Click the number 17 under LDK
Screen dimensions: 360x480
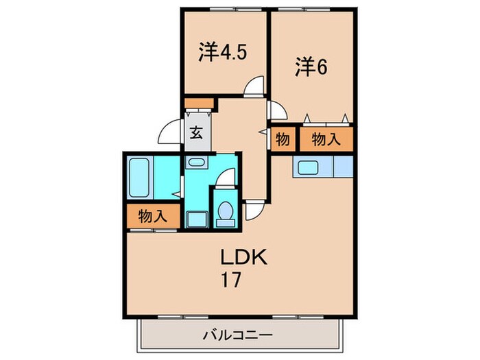coord(230,280)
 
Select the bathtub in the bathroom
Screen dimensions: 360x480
coord(140,178)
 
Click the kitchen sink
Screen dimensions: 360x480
coord(307,167)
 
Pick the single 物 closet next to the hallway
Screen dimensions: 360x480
coord(282,140)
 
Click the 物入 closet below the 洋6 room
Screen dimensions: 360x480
coord(326,140)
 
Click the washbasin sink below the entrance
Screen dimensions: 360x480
coord(197,163)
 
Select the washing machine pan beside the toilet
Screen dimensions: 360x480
coord(197,219)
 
